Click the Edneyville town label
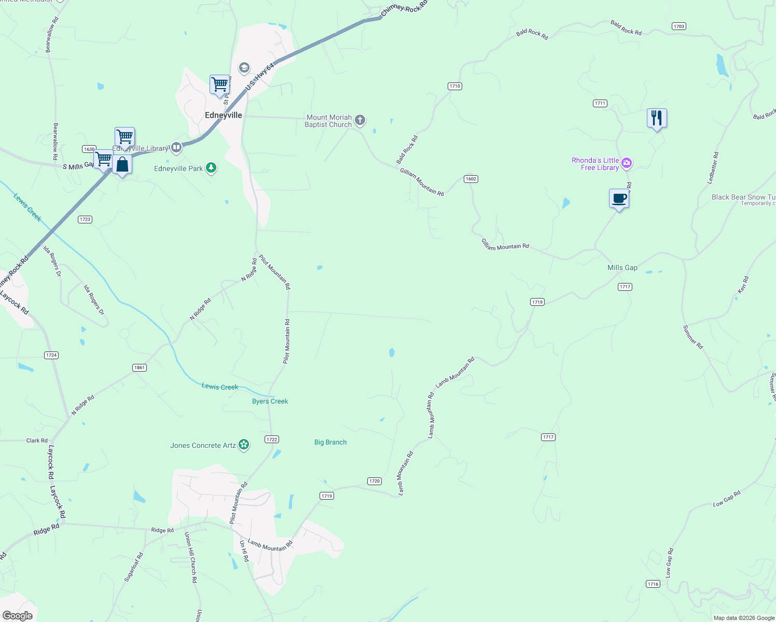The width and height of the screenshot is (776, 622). point(223,115)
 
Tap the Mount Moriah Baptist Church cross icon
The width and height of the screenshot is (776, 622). point(360,121)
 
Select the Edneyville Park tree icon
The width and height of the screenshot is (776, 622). point(211,168)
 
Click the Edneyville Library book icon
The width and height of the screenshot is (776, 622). point(176,148)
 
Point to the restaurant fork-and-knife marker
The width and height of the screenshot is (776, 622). point(657,118)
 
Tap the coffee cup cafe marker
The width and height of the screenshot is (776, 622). point(619,199)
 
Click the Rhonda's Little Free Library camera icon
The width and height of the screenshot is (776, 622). point(627,164)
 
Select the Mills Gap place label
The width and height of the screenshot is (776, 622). point(622,267)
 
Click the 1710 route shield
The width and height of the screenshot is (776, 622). point(455,86)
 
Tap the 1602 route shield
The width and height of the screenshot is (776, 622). point(470,179)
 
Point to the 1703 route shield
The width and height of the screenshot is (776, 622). point(679,26)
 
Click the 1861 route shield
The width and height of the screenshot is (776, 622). point(139,367)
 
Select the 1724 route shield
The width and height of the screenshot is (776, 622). point(51,355)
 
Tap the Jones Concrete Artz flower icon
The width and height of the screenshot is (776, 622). point(244,445)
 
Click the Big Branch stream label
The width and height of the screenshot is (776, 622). point(330,442)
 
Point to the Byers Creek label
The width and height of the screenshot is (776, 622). point(270,401)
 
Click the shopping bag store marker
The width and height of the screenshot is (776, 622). point(122,165)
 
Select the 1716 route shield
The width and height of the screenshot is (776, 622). point(653,584)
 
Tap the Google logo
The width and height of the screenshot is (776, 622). point(18,615)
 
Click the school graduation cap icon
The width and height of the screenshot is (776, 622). point(244,68)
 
